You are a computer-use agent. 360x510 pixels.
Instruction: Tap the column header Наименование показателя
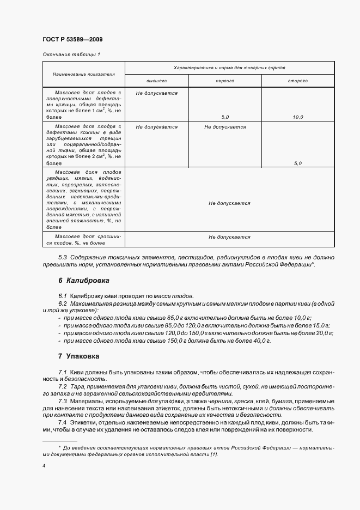pos(84,74)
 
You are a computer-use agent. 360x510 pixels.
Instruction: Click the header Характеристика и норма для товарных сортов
pos(229,67)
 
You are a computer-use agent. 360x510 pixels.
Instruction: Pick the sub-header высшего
pos(156,81)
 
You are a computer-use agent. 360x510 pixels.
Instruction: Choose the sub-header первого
pos(225,81)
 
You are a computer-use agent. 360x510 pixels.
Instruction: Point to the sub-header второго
pos(298,81)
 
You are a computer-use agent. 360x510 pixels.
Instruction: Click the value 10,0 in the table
pos(298,117)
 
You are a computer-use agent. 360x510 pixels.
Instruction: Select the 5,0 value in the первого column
pos(225,117)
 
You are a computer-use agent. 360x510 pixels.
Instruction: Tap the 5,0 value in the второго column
pos(298,163)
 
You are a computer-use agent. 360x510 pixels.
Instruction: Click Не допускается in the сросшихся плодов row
pos(229,237)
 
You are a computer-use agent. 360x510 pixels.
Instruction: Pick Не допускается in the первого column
pos(225,127)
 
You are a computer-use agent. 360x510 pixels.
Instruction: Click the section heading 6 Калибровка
pos(84,281)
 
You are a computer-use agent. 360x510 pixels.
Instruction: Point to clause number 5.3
pos(62,257)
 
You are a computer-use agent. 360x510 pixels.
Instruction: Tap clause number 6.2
pos(62,303)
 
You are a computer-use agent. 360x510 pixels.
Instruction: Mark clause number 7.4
pos(62,423)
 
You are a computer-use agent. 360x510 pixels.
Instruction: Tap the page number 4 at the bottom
pos(44,466)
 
